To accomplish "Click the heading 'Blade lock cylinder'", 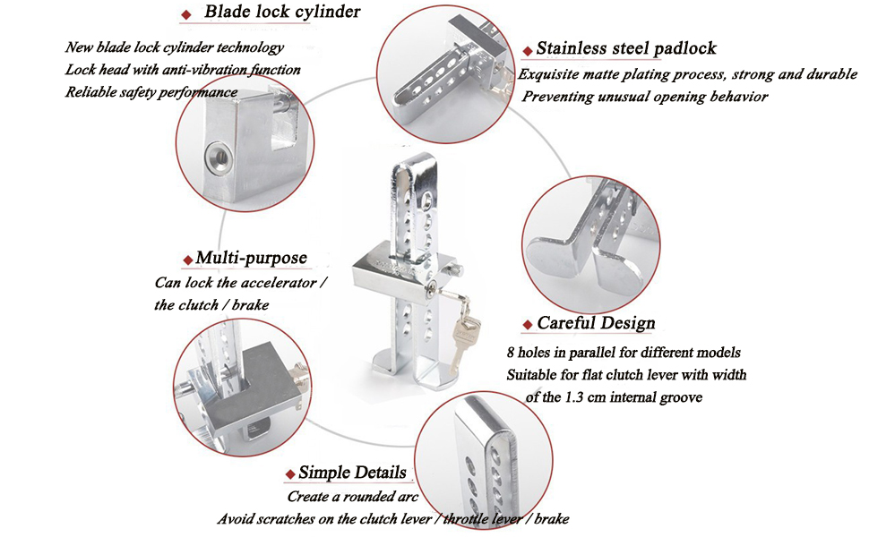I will tap(282, 13).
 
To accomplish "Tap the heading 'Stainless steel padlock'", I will tap(625, 49).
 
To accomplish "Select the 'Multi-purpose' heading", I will tap(251, 259).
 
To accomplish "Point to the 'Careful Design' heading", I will tap(596, 324).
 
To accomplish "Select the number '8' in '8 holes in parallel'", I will tap(511, 353).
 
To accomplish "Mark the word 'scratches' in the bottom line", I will tap(284, 519).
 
